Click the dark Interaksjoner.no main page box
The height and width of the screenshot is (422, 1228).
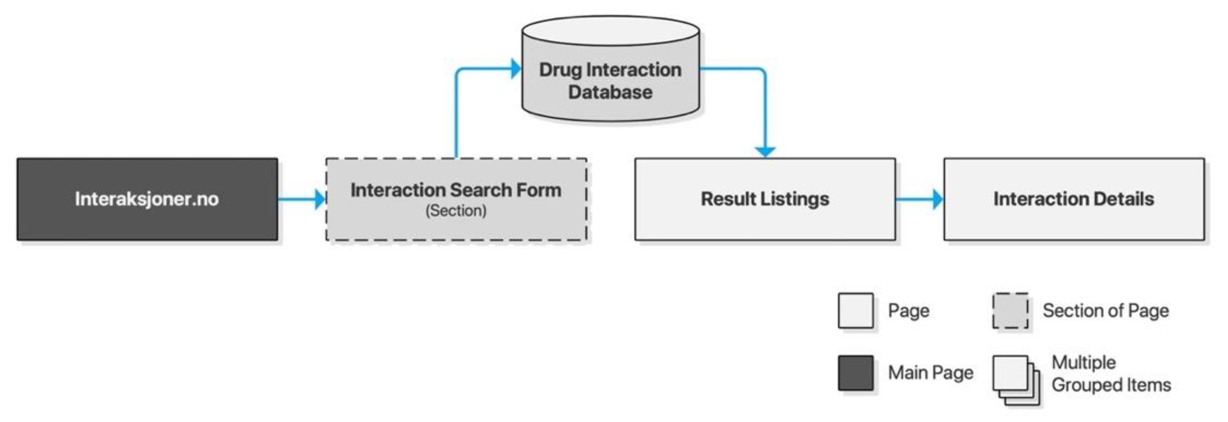pyautogui.click(x=147, y=199)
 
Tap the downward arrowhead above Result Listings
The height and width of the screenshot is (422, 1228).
pyautogui.click(x=765, y=152)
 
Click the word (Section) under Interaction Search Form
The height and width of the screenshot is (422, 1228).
pyautogui.click(x=456, y=210)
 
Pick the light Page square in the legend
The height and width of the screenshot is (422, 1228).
pyautogui.click(x=856, y=310)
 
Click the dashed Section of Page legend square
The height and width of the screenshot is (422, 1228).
pyautogui.click(x=1010, y=310)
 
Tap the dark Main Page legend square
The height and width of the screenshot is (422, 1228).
pyautogui.click(x=856, y=372)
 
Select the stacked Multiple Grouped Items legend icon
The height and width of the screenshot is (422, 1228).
pyautogui.click(x=1015, y=380)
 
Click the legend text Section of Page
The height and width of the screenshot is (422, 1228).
pyautogui.click(x=1106, y=310)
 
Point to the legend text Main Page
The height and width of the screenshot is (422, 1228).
pyautogui.click(x=930, y=372)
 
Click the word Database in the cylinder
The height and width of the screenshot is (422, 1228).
pyautogui.click(x=610, y=92)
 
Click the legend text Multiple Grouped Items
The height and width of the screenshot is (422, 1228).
pyautogui.click(x=1111, y=374)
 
